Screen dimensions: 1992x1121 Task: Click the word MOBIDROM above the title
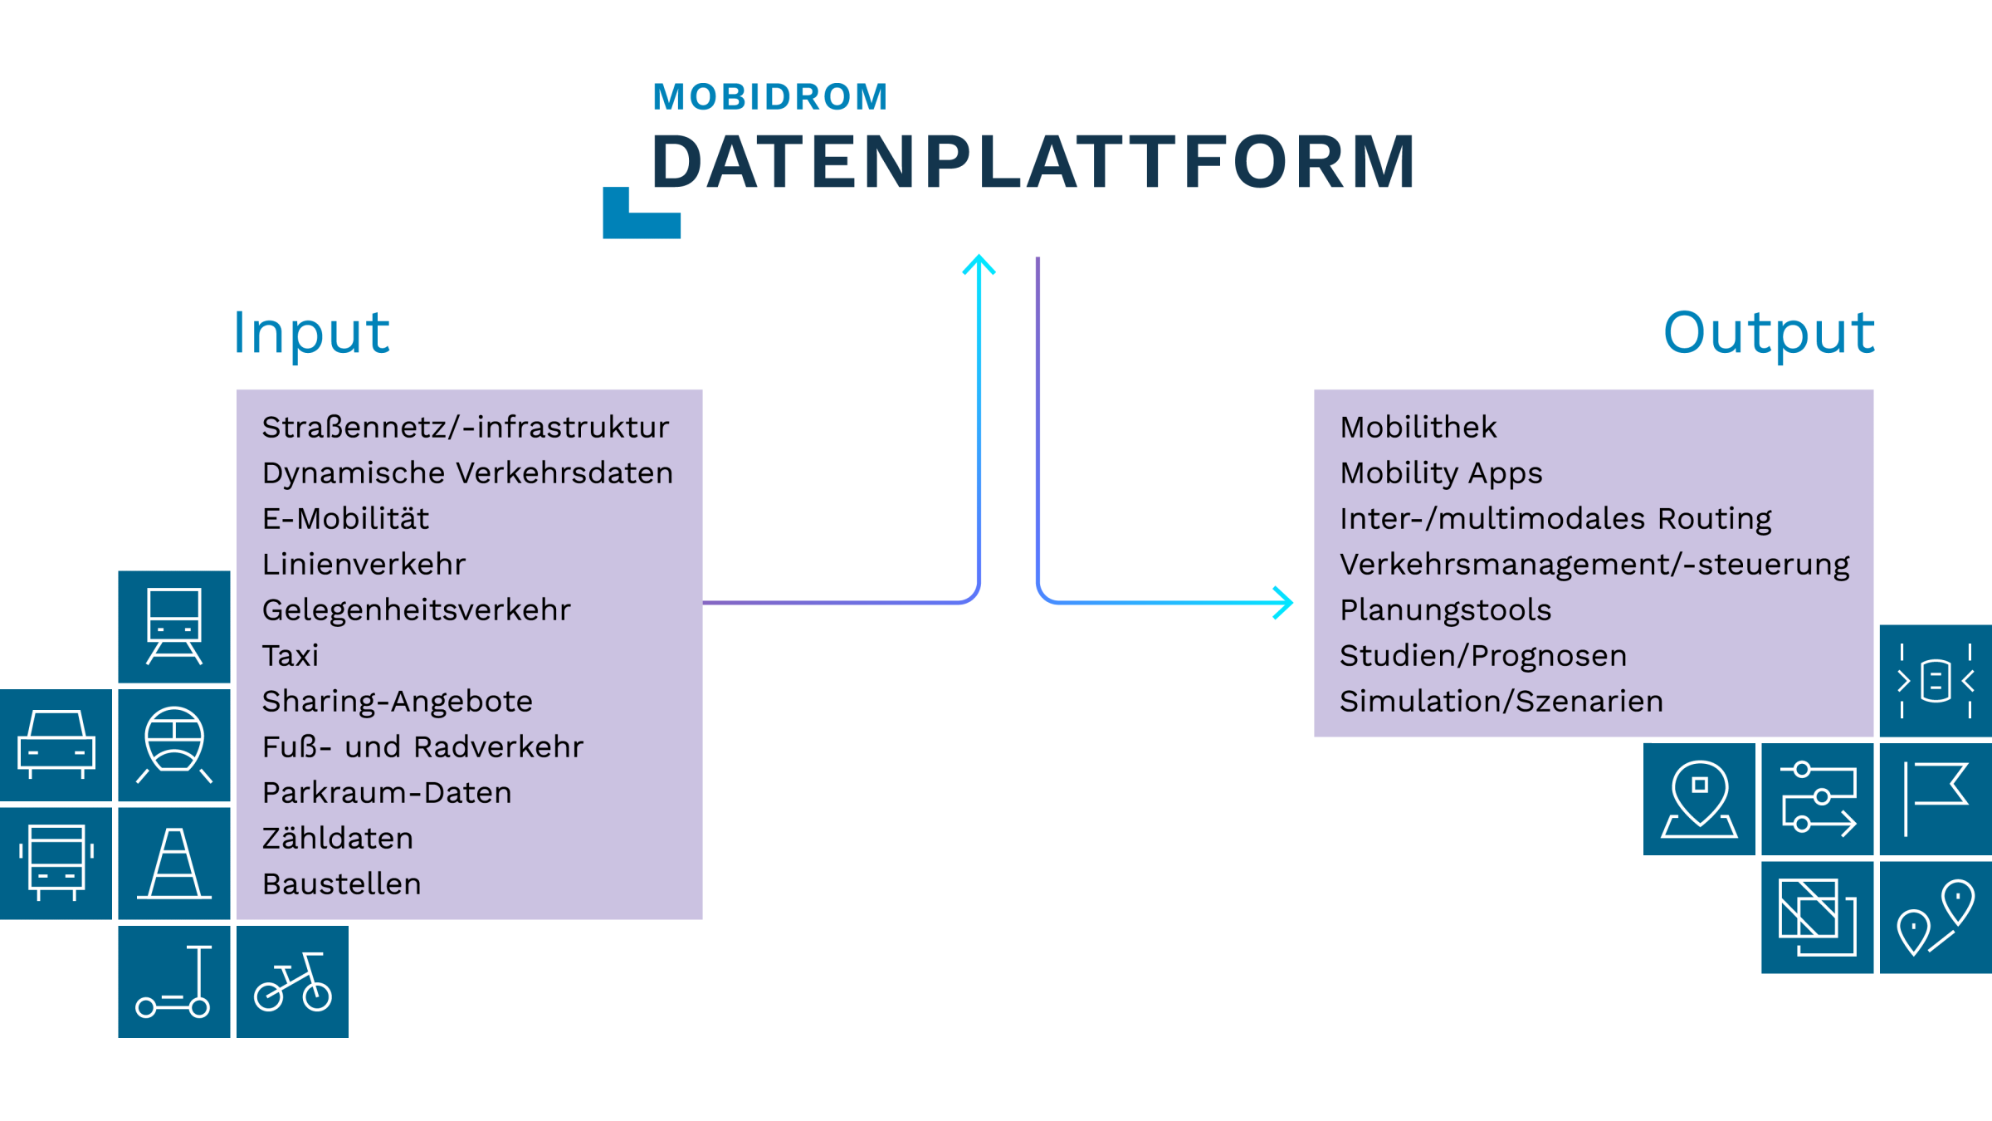(x=770, y=97)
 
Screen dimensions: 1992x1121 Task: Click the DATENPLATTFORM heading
(x=1034, y=162)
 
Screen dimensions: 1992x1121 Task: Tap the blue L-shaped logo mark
(x=641, y=214)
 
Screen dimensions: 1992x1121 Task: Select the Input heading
(x=311, y=334)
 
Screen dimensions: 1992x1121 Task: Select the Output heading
(x=1769, y=334)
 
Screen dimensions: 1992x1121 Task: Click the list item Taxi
(x=290, y=656)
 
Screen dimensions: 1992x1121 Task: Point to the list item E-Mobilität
(x=345, y=519)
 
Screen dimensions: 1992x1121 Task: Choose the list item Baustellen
(x=342, y=884)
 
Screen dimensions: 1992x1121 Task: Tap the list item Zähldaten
(x=338, y=839)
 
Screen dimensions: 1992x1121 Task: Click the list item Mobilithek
(x=1418, y=428)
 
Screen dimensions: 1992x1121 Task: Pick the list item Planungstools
(x=1446, y=610)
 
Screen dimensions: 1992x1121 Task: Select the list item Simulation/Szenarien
(x=1501, y=702)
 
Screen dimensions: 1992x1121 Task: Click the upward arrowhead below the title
(x=979, y=264)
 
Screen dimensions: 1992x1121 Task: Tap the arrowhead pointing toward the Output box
(x=1283, y=602)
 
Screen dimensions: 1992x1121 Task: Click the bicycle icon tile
(x=292, y=981)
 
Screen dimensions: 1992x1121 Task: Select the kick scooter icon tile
(x=174, y=981)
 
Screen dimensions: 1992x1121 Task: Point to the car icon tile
(x=56, y=745)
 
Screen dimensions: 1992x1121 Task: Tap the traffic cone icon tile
(x=174, y=864)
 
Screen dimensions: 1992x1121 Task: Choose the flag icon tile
(x=1936, y=799)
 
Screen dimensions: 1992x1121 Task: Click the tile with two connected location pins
(x=1936, y=918)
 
